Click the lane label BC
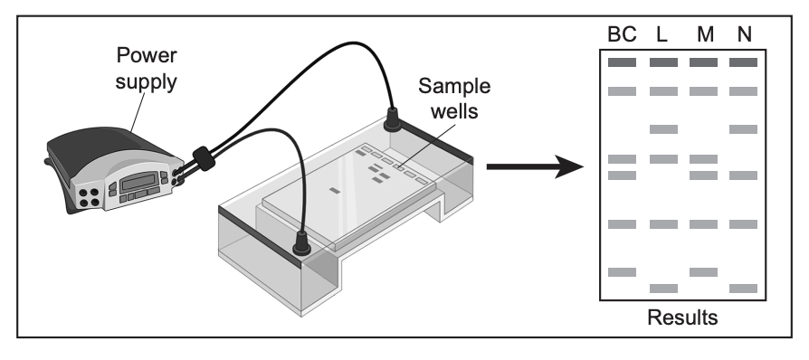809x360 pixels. pyautogui.click(x=622, y=34)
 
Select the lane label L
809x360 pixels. pyautogui.click(x=662, y=34)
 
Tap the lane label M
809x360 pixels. pyautogui.click(x=705, y=34)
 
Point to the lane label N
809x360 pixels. pyautogui.click(x=744, y=34)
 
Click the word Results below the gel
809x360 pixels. pyautogui.click(x=682, y=317)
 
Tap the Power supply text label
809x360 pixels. pyautogui.click(x=146, y=69)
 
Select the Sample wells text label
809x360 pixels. pyautogui.click(x=454, y=98)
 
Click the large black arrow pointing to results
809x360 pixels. pyautogui.click(x=535, y=166)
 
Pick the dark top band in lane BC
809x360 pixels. pyautogui.click(x=622, y=62)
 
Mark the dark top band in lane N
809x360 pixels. pyautogui.click(x=744, y=62)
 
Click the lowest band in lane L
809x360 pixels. pyautogui.click(x=663, y=289)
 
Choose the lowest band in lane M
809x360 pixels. pyautogui.click(x=703, y=271)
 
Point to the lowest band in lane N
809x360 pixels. pyautogui.click(x=744, y=289)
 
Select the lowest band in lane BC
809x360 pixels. pyautogui.click(x=622, y=271)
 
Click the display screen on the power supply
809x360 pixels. pyautogui.click(x=138, y=182)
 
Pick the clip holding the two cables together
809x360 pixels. pyautogui.click(x=204, y=158)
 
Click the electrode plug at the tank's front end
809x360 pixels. pyautogui.click(x=301, y=243)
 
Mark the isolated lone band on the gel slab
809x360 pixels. pyautogui.click(x=335, y=191)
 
